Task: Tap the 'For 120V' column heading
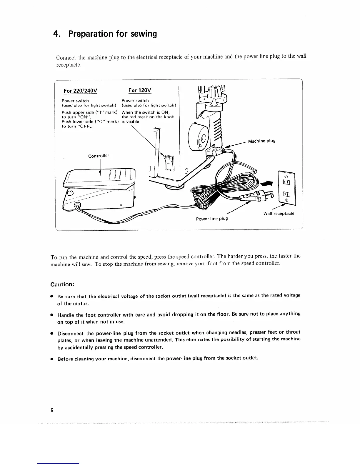click(140, 90)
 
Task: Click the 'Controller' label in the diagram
click(99, 156)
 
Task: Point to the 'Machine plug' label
click(262, 141)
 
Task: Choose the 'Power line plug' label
click(212, 219)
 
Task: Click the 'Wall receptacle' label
click(279, 213)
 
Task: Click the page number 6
click(52, 410)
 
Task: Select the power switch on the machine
click(169, 163)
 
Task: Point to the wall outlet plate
click(286, 188)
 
